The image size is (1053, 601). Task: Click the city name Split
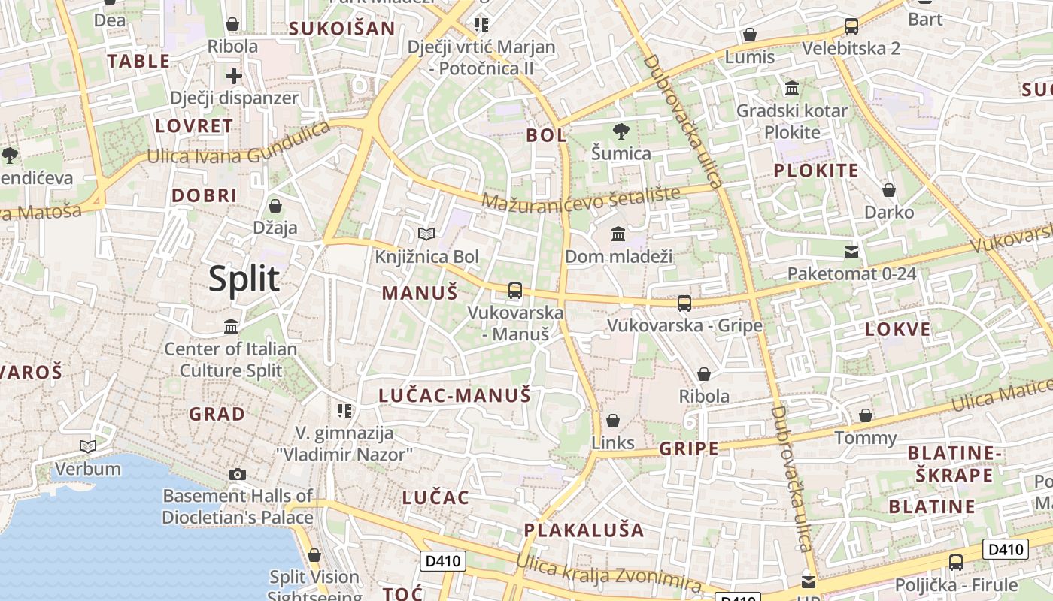(x=244, y=279)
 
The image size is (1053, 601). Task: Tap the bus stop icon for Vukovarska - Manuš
(x=515, y=291)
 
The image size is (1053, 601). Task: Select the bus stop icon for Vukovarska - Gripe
(x=684, y=304)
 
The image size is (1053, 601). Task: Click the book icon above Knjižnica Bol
(x=426, y=234)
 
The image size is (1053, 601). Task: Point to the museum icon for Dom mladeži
(x=618, y=234)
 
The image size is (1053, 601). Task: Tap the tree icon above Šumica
(x=621, y=131)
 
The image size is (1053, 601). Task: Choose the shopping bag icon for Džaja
(x=275, y=205)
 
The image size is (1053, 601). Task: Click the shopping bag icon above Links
(x=613, y=421)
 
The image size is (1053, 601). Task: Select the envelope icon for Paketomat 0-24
(x=851, y=252)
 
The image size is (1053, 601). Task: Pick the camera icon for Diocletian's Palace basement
(x=238, y=474)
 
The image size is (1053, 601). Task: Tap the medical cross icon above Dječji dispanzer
(x=234, y=76)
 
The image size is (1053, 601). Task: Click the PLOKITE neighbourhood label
(x=816, y=171)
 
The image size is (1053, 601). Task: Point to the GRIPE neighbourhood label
(x=688, y=449)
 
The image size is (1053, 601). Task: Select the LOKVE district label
(x=897, y=329)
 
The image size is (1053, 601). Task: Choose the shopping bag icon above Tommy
(x=866, y=415)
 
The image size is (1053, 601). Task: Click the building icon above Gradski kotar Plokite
(x=791, y=89)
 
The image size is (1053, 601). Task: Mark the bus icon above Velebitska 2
(x=851, y=26)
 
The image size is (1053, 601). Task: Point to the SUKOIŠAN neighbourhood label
(x=342, y=29)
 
